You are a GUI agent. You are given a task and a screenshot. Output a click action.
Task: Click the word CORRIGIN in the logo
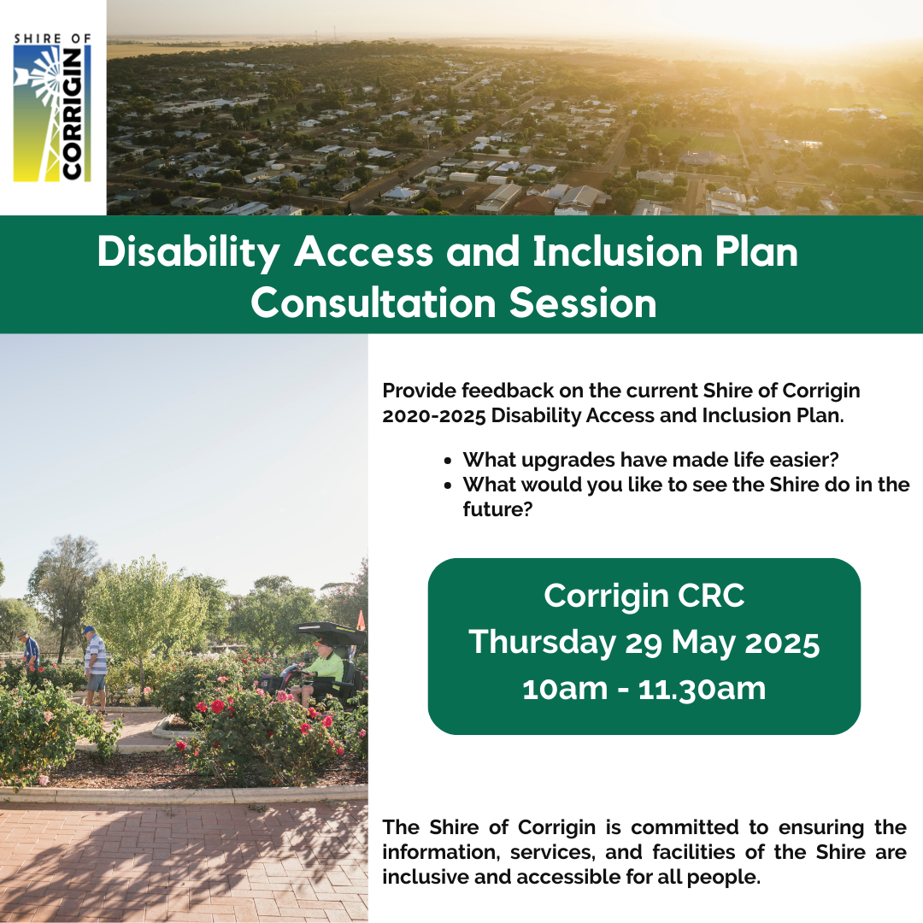(x=72, y=114)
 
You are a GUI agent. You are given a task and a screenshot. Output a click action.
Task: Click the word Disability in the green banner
(x=188, y=253)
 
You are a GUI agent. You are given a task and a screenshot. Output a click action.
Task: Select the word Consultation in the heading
(x=373, y=303)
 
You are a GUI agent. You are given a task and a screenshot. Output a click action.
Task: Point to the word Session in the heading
(x=583, y=303)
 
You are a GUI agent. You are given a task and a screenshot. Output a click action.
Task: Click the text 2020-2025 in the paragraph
(x=434, y=415)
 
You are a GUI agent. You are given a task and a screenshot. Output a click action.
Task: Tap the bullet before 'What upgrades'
(x=449, y=461)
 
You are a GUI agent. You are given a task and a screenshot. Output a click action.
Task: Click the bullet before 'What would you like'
(x=449, y=485)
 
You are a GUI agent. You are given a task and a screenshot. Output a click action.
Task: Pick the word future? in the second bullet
(x=497, y=509)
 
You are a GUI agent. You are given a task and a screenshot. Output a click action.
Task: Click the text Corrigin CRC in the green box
(x=644, y=596)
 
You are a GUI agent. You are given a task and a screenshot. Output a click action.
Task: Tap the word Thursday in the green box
(x=542, y=642)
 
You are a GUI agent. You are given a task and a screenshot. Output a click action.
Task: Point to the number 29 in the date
(x=644, y=643)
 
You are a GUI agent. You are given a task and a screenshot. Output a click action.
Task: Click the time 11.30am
(x=702, y=689)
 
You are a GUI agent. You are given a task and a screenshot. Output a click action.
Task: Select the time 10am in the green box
(x=565, y=689)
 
